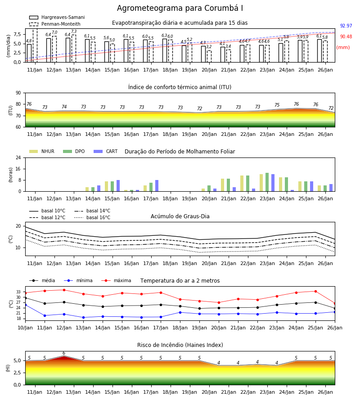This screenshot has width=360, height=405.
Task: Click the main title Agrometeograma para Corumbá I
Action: coord(180,8)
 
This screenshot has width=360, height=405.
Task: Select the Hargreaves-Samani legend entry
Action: coord(57,17)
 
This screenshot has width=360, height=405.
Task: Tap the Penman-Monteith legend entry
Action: coord(55,24)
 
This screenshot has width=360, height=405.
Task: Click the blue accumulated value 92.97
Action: coord(346,26)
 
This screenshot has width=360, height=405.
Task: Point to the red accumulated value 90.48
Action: coord(346,37)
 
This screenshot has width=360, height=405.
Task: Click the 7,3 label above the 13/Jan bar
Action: coord(74,31)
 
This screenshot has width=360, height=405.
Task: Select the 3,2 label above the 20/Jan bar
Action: coord(209,47)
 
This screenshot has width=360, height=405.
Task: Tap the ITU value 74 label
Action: coord(64,107)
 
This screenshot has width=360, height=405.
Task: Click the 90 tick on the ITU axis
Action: coord(18,93)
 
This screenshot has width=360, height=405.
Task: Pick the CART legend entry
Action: coord(106,151)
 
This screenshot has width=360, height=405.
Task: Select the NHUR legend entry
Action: coord(42,151)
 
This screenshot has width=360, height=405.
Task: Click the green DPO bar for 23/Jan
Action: coord(267,182)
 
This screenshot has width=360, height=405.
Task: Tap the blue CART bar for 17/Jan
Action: coord(157,186)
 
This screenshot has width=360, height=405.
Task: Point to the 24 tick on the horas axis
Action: coord(18,157)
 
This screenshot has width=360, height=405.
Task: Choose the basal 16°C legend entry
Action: coord(92,217)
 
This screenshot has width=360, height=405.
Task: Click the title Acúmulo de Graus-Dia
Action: coord(180,216)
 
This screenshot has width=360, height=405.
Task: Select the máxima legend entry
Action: coord(116,280)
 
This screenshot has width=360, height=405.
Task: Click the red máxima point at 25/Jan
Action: coord(315,291)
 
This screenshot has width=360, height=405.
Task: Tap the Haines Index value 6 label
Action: coord(64,353)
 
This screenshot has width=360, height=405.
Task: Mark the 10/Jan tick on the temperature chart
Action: coord(25,328)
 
